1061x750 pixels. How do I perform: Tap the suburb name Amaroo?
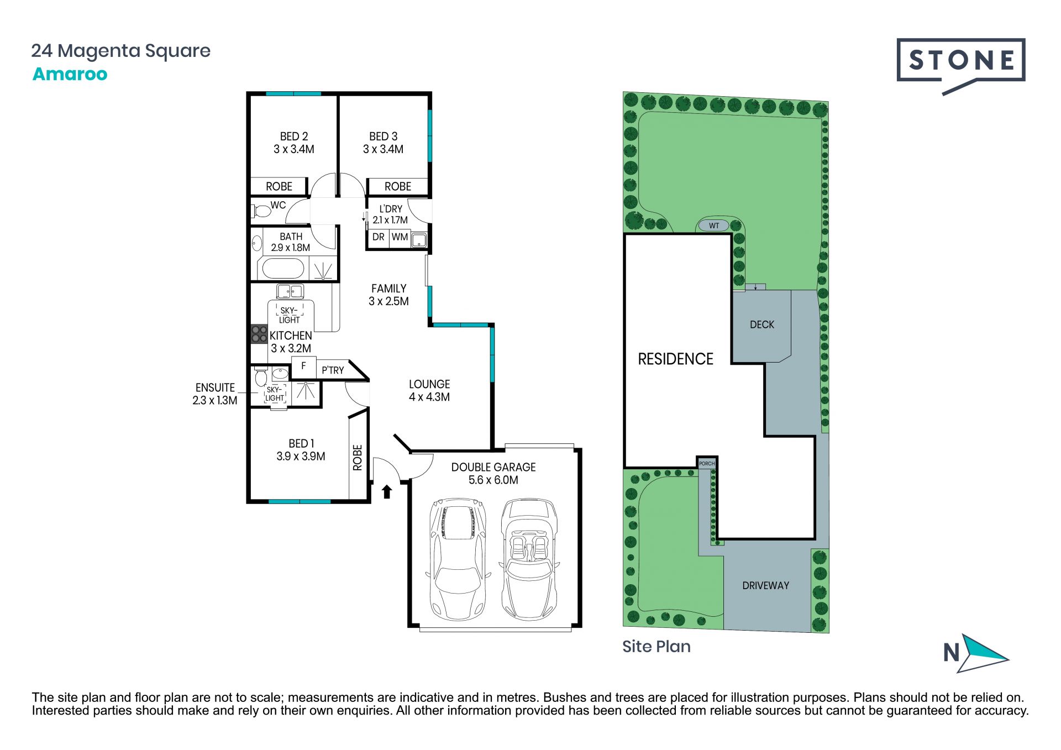pos(70,74)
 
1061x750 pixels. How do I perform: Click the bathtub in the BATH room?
pos(282,269)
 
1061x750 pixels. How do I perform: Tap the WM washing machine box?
pos(400,238)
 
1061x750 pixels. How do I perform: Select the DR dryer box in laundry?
pos(379,238)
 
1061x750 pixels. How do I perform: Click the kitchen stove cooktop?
pos(259,334)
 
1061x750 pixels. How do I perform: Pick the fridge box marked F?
pos(303,366)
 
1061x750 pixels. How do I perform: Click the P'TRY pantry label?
pos(333,370)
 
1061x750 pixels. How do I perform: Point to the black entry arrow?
pos(387,491)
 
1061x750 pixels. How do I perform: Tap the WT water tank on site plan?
pos(714,225)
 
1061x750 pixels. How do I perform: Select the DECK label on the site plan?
pos(762,325)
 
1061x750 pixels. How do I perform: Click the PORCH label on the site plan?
pos(707,463)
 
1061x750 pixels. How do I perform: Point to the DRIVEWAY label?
pos(765,585)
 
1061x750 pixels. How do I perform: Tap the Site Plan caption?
pos(656,647)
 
